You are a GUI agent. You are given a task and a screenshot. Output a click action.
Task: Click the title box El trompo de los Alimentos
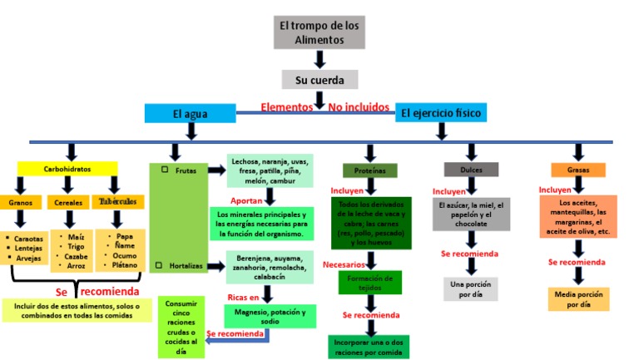[x=320, y=32]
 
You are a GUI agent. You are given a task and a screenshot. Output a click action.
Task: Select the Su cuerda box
[x=319, y=79]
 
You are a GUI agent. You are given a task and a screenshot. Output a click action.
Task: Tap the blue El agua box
[x=191, y=113]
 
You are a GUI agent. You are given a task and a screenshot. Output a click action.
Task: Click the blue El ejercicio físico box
[x=440, y=112]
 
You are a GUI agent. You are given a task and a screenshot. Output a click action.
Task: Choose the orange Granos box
[x=20, y=203]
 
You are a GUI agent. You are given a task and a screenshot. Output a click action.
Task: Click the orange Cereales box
[x=68, y=203]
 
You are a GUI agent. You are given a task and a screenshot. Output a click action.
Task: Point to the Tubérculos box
[x=118, y=202]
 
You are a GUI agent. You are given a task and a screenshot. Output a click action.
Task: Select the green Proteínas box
[x=369, y=170]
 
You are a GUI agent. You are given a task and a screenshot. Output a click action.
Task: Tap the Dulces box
[x=470, y=170]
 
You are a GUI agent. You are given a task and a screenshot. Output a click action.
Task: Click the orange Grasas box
[x=578, y=170]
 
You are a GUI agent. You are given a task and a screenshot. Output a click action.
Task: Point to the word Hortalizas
[x=187, y=265]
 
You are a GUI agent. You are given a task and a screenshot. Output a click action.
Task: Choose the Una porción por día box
[x=470, y=288]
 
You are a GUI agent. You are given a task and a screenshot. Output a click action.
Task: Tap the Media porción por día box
[x=578, y=298]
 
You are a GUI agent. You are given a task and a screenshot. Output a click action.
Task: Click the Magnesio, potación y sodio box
[x=270, y=316]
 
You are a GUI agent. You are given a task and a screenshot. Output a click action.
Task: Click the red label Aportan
[x=246, y=200]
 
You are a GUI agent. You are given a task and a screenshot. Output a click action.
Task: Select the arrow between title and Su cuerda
[x=319, y=59]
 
